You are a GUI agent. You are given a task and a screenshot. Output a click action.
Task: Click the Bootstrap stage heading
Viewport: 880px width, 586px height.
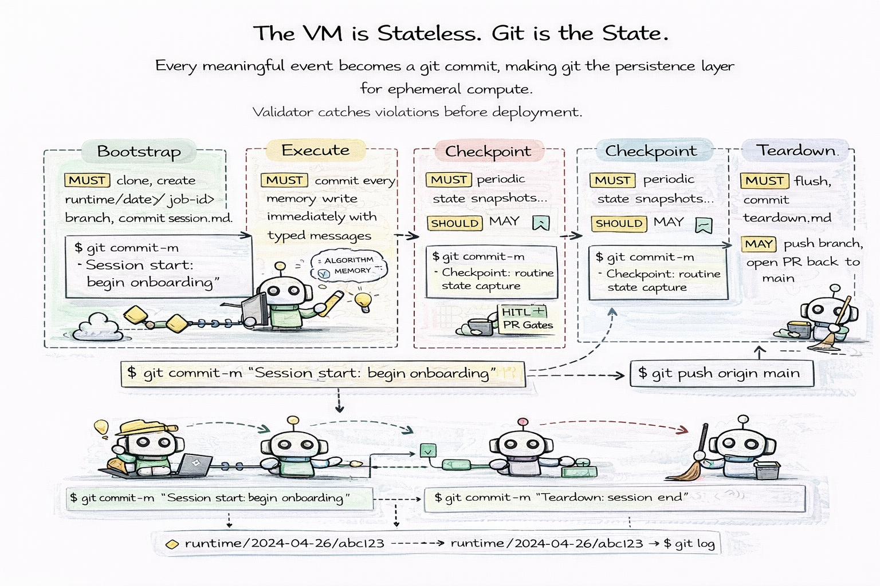pyautogui.click(x=139, y=152)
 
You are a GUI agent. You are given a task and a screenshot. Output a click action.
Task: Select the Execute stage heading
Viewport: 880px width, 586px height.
pyautogui.click(x=315, y=151)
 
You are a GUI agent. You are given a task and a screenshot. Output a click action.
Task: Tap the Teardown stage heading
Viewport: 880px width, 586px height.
pyautogui.click(x=796, y=151)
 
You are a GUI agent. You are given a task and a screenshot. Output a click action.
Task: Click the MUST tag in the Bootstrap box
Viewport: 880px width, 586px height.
pyautogui.click(x=87, y=180)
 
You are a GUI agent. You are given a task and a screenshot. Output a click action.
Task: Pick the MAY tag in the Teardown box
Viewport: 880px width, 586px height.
pyautogui.click(x=758, y=244)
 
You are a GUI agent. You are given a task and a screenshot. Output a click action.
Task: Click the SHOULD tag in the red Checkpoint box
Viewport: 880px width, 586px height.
pyautogui.click(x=454, y=223)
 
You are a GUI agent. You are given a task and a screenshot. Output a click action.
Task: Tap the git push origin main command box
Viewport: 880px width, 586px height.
pyautogui.click(x=721, y=374)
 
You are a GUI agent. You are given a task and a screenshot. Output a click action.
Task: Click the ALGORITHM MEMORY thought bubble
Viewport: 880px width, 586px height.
pyautogui.click(x=348, y=266)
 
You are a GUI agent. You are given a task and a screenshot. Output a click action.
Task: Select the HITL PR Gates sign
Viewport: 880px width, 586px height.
pyautogui.click(x=527, y=319)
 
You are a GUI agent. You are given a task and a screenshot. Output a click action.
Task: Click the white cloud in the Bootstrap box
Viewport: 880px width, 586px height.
pyautogui.click(x=98, y=327)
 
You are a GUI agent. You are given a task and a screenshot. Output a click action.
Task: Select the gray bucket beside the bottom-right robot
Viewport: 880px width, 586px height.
pyautogui.click(x=767, y=470)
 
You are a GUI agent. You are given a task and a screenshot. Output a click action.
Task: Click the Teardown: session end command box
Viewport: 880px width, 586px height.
pyautogui.click(x=614, y=497)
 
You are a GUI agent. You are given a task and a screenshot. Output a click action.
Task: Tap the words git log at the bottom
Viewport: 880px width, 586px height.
pyautogui.click(x=694, y=544)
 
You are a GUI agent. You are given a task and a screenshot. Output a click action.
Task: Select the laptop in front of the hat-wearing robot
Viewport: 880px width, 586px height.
pyautogui.click(x=194, y=465)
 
